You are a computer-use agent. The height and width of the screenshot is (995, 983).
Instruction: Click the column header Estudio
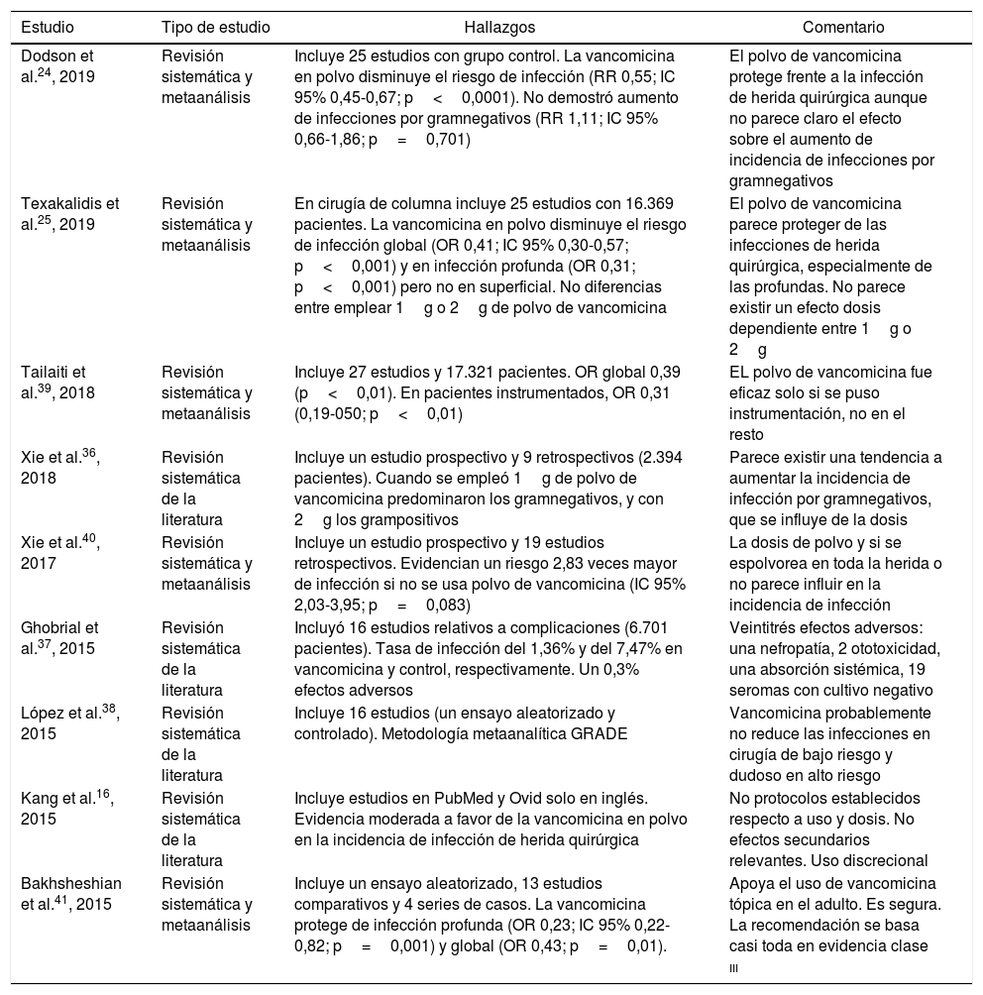pyautogui.click(x=47, y=28)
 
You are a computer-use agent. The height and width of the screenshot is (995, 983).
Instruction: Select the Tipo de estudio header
pyautogui.click(x=215, y=28)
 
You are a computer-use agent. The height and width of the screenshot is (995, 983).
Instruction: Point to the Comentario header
pyautogui.click(x=843, y=28)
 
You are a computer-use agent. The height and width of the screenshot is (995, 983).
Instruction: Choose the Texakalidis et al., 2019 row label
pyautogui.click(x=69, y=215)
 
